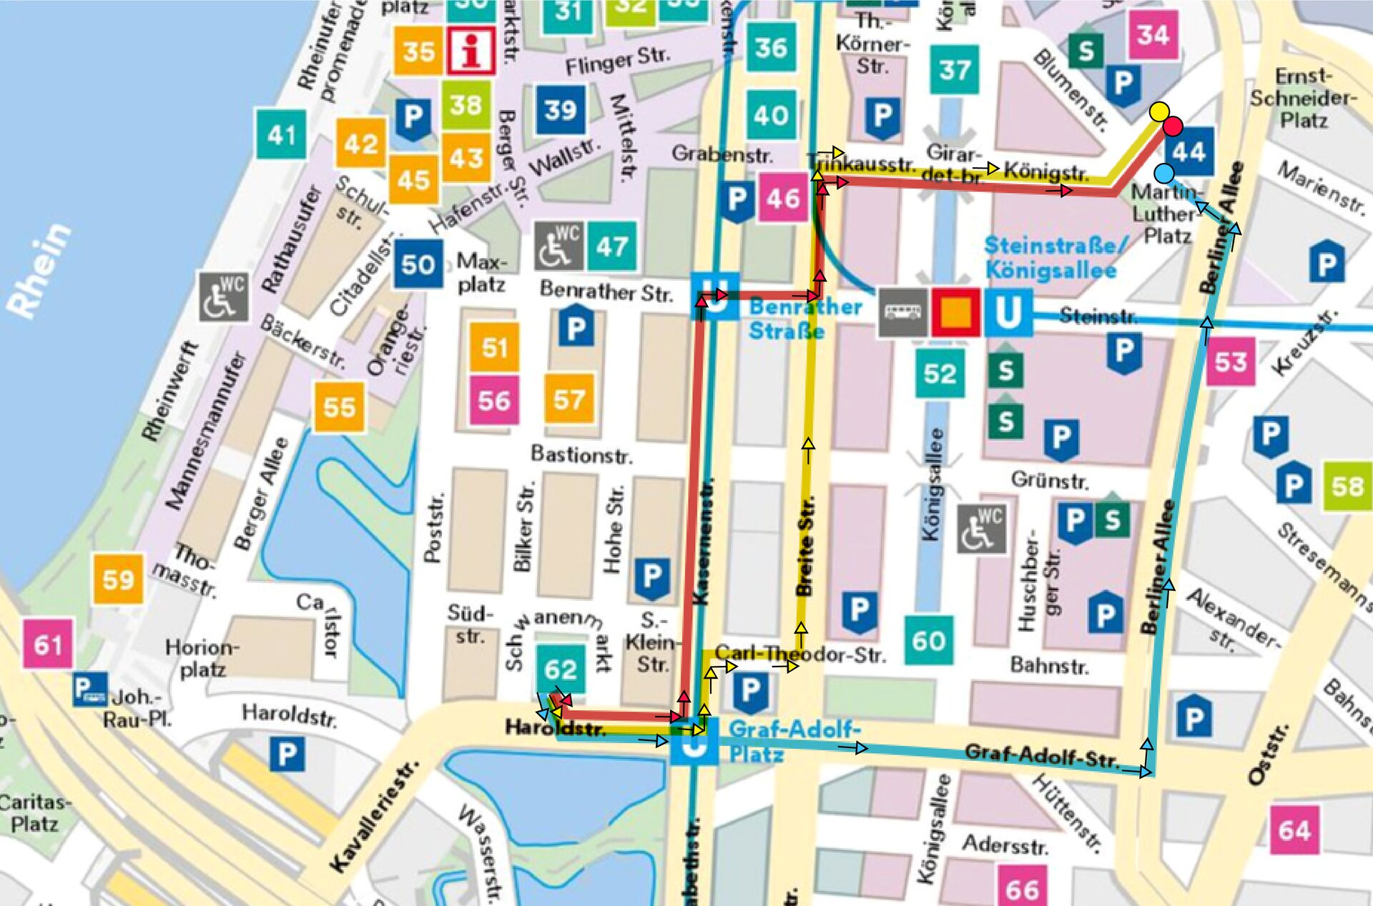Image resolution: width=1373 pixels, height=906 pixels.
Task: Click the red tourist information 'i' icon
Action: [x=471, y=51]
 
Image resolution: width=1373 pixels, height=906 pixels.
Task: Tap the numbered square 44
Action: [x=1189, y=151]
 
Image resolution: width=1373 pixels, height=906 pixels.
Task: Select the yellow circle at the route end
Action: [x=1159, y=111]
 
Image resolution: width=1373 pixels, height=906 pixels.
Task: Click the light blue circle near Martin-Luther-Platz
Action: [x=1164, y=173]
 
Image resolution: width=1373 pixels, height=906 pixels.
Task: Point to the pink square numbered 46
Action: [x=783, y=198]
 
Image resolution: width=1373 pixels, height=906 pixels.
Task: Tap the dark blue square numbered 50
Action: [x=418, y=264]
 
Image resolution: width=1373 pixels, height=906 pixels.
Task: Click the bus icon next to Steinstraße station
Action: [x=902, y=312]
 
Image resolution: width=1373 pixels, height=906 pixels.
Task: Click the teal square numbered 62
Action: [x=560, y=669]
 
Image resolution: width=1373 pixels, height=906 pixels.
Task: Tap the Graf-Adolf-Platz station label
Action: [x=794, y=741]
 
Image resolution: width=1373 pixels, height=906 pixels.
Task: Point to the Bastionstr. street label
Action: [x=581, y=454]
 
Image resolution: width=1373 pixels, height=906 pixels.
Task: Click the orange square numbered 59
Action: [x=118, y=579]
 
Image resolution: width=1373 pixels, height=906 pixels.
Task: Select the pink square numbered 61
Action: [x=48, y=644]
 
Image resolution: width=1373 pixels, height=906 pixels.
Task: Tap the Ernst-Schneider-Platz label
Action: [x=1303, y=98]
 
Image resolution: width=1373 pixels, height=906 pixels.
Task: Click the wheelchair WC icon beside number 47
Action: [x=558, y=247]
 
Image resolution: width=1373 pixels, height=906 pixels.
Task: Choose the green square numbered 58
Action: [x=1347, y=487]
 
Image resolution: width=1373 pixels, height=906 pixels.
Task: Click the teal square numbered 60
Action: [x=928, y=640]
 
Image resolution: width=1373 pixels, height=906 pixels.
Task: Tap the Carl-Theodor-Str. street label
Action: [x=799, y=654]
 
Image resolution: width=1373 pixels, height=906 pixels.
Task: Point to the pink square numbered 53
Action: [x=1230, y=362]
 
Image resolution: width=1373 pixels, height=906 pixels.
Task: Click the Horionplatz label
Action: [x=202, y=658]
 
